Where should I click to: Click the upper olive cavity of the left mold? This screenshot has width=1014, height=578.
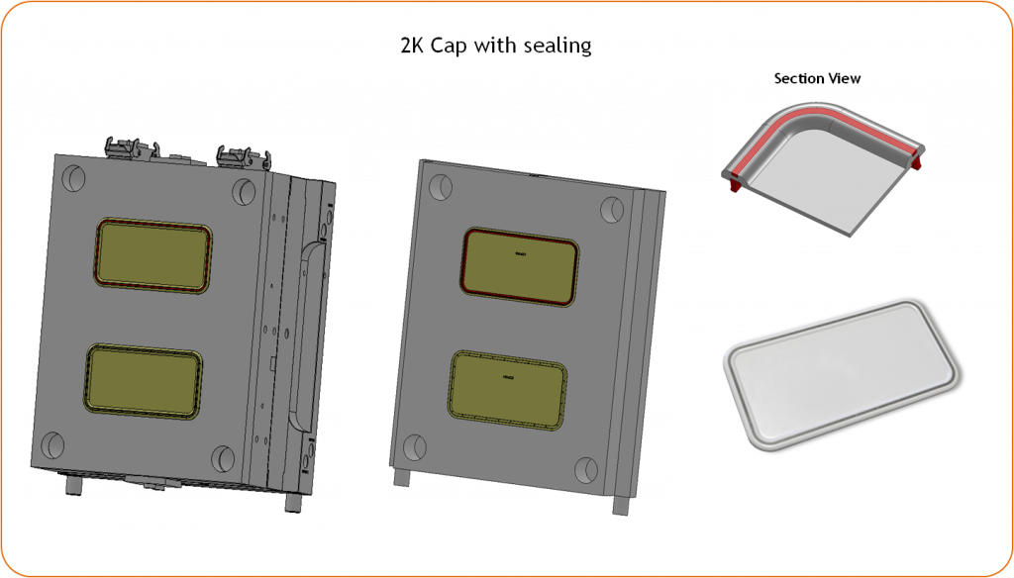pyautogui.click(x=152, y=255)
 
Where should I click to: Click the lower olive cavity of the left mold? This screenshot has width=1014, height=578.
pyautogui.click(x=145, y=381)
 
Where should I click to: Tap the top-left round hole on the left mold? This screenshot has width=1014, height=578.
pyautogui.click(x=73, y=178)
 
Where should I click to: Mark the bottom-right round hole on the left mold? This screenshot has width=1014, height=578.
pyautogui.click(x=224, y=458)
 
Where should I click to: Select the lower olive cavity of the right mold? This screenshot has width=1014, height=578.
pyautogui.click(x=508, y=389)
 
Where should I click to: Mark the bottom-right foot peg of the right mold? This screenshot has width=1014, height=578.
pyautogui.click(x=621, y=503)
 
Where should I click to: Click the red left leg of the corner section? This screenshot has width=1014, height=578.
pyautogui.click(x=734, y=181)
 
